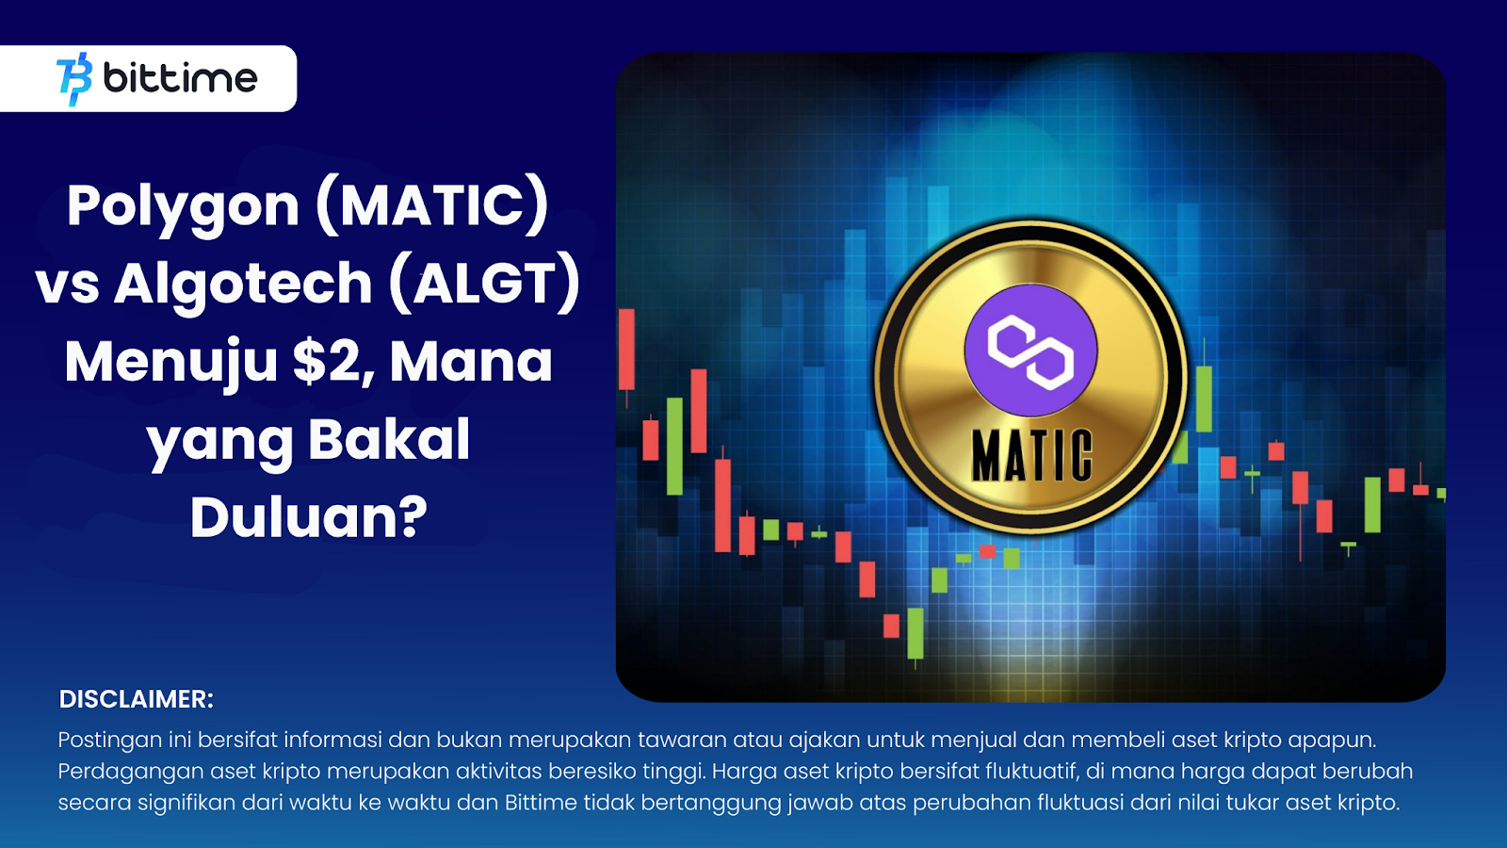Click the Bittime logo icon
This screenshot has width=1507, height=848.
click(74, 79)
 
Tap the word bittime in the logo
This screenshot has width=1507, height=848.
click(180, 78)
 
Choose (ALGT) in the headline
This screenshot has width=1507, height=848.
click(484, 284)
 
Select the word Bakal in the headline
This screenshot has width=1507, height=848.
click(389, 439)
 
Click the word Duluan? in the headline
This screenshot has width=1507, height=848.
click(309, 517)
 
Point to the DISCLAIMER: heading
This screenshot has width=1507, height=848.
click(136, 699)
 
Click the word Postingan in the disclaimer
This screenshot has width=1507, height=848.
click(109, 741)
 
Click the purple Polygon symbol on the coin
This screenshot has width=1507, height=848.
click(1030, 350)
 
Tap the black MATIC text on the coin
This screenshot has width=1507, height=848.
click(1032, 457)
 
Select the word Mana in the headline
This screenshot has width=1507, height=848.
click(471, 362)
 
